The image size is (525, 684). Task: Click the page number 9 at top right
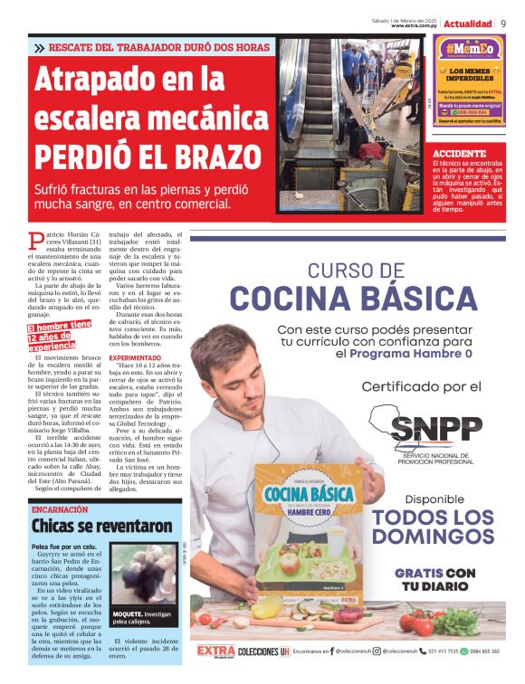pos(503,24)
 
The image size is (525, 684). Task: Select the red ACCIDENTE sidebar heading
pos(460,154)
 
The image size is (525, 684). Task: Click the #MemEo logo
pos(469,49)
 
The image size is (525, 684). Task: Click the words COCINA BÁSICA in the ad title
pos(352,298)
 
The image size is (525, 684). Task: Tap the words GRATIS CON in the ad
pos(434,574)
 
